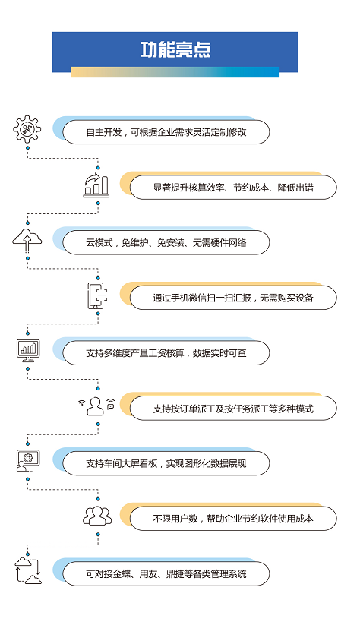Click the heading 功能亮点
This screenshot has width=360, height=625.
click(175, 49)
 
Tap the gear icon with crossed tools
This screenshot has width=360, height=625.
click(27, 129)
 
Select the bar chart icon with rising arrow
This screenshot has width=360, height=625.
click(96, 185)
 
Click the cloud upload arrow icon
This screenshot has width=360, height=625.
click(27, 241)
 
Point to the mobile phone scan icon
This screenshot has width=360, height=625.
click(97, 295)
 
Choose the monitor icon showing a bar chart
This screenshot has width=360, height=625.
click(28, 350)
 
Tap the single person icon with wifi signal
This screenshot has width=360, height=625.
click(96, 406)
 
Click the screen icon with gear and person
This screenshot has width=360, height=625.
click(28, 461)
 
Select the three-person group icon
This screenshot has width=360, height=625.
click(97, 516)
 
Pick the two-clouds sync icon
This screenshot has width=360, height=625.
click(28, 571)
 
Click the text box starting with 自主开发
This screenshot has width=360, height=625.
click(166, 132)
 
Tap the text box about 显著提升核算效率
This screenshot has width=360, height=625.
click(233, 187)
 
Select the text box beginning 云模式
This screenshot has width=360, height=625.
click(166, 242)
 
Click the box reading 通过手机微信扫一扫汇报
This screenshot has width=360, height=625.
click(233, 298)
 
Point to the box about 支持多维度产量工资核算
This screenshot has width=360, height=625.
click(166, 353)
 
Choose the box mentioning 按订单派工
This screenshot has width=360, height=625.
click(233, 408)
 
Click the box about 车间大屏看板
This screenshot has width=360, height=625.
click(166, 463)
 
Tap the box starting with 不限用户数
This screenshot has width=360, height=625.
click(233, 519)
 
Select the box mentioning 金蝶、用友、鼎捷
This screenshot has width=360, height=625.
click(166, 573)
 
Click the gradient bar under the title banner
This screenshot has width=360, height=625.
click(175, 72)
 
